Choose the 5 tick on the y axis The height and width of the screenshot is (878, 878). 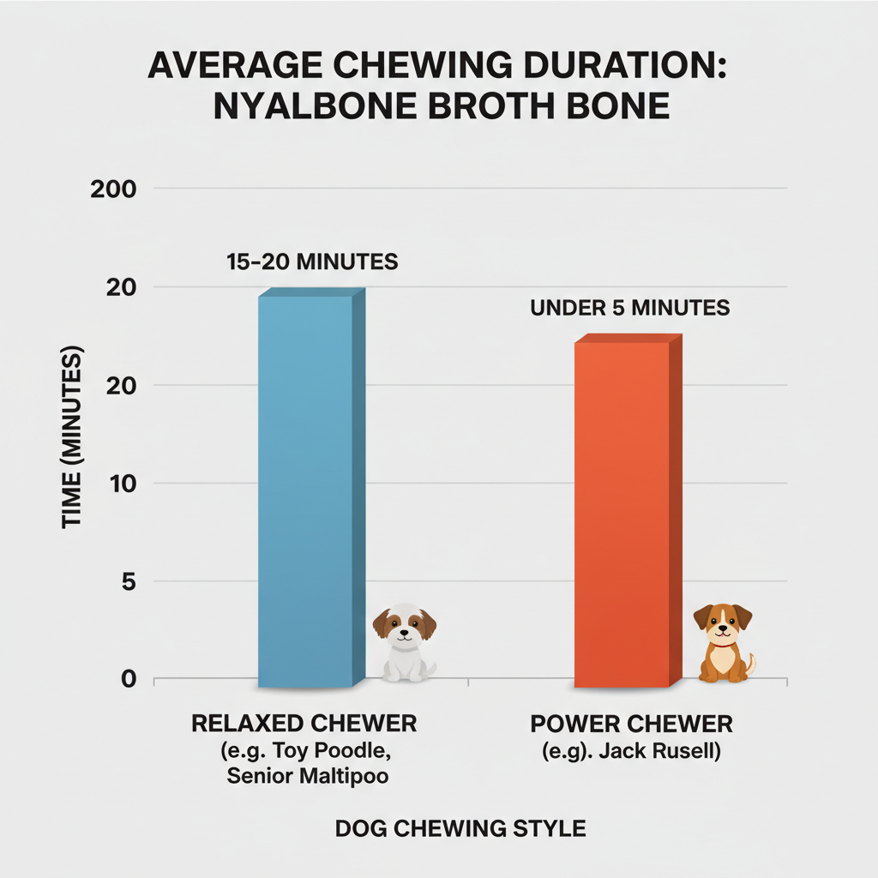click(129, 581)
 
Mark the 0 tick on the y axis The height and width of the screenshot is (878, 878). click(129, 680)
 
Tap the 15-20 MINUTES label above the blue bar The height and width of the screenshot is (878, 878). click(312, 262)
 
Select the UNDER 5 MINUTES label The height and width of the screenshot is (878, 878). click(630, 308)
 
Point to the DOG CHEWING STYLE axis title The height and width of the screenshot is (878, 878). click(460, 828)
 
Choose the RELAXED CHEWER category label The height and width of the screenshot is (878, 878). click(304, 723)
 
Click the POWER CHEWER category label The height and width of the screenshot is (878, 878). click(632, 723)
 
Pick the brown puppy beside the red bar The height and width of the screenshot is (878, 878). click(723, 643)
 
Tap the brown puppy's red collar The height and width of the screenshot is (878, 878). click(723, 642)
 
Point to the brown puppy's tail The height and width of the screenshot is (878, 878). click(751, 662)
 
